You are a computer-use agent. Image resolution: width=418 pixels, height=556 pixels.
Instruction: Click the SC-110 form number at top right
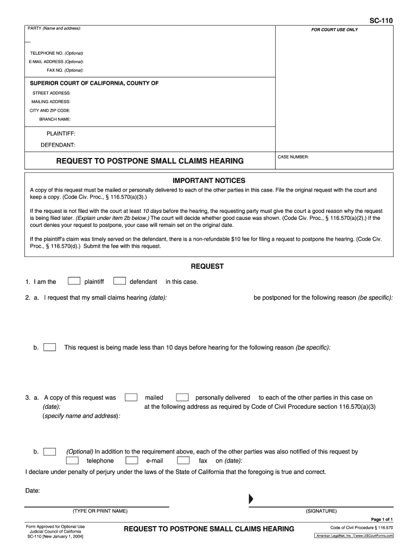click(x=381, y=21)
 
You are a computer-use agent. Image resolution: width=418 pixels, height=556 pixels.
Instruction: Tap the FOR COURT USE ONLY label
click(x=334, y=30)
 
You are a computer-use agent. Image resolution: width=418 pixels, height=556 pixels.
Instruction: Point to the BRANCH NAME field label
click(x=55, y=119)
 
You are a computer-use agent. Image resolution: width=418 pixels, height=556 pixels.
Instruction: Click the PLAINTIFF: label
click(x=61, y=134)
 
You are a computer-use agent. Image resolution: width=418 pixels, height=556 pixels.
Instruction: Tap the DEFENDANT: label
click(x=58, y=145)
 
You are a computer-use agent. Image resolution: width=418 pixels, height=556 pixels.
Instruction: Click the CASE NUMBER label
click(x=293, y=157)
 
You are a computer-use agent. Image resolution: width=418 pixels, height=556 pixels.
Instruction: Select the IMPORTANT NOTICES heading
click(x=209, y=180)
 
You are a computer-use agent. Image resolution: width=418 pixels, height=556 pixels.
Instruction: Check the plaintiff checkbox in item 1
click(x=74, y=281)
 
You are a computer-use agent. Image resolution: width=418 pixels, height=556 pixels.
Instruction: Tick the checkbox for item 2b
click(x=49, y=347)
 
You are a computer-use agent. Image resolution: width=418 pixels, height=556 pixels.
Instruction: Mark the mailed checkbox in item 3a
click(x=131, y=397)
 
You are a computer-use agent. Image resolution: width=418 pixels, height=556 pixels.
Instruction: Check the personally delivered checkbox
click(x=183, y=397)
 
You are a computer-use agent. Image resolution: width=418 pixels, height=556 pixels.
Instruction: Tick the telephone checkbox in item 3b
click(x=72, y=460)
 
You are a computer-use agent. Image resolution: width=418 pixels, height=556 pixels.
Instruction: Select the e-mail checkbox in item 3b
click(x=131, y=460)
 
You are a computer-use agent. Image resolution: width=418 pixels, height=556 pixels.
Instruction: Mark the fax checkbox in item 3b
click(x=183, y=460)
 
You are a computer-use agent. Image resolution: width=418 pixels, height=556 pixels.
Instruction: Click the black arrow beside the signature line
click(x=251, y=499)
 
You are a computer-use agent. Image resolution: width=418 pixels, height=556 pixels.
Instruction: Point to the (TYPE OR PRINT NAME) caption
click(x=100, y=511)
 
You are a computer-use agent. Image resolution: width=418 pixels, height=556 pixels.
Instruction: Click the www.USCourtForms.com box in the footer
click(x=375, y=536)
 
